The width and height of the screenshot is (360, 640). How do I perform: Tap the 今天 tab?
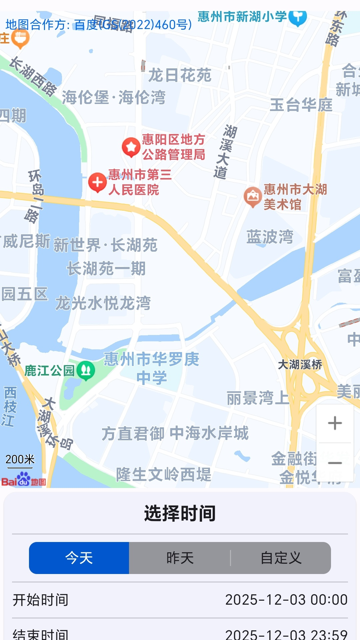pyautogui.click(x=79, y=558)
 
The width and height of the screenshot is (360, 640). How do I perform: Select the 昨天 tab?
pyautogui.click(x=180, y=558)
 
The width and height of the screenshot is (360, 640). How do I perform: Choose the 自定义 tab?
pyautogui.click(x=281, y=558)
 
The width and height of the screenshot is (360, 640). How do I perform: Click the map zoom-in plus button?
pyautogui.click(x=335, y=423)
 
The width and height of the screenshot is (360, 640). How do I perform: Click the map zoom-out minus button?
pyautogui.click(x=335, y=463)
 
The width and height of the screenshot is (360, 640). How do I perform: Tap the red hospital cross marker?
pyautogui.click(x=97, y=182)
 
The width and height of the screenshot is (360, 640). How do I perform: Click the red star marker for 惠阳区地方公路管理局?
pyautogui.click(x=131, y=147)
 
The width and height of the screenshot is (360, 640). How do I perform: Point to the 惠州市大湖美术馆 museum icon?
pyautogui.click(x=253, y=197)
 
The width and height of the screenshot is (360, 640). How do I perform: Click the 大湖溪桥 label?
pyautogui.click(x=300, y=364)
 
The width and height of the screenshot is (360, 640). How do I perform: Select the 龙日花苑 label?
pyautogui.click(x=180, y=75)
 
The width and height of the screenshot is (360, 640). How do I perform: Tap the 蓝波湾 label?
pyautogui.click(x=270, y=237)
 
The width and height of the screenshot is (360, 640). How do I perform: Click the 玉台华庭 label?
pyautogui.click(x=301, y=105)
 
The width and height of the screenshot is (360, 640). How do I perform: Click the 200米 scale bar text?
pyautogui.click(x=20, y=459)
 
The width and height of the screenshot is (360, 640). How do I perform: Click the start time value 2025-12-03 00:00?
pyautogui.click(x=286, y=600)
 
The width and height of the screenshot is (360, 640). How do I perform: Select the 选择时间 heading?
pyautogui.click(x=180, y=513)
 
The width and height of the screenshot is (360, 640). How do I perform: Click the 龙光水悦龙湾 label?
pyautogui.click(x=103, y=303)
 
